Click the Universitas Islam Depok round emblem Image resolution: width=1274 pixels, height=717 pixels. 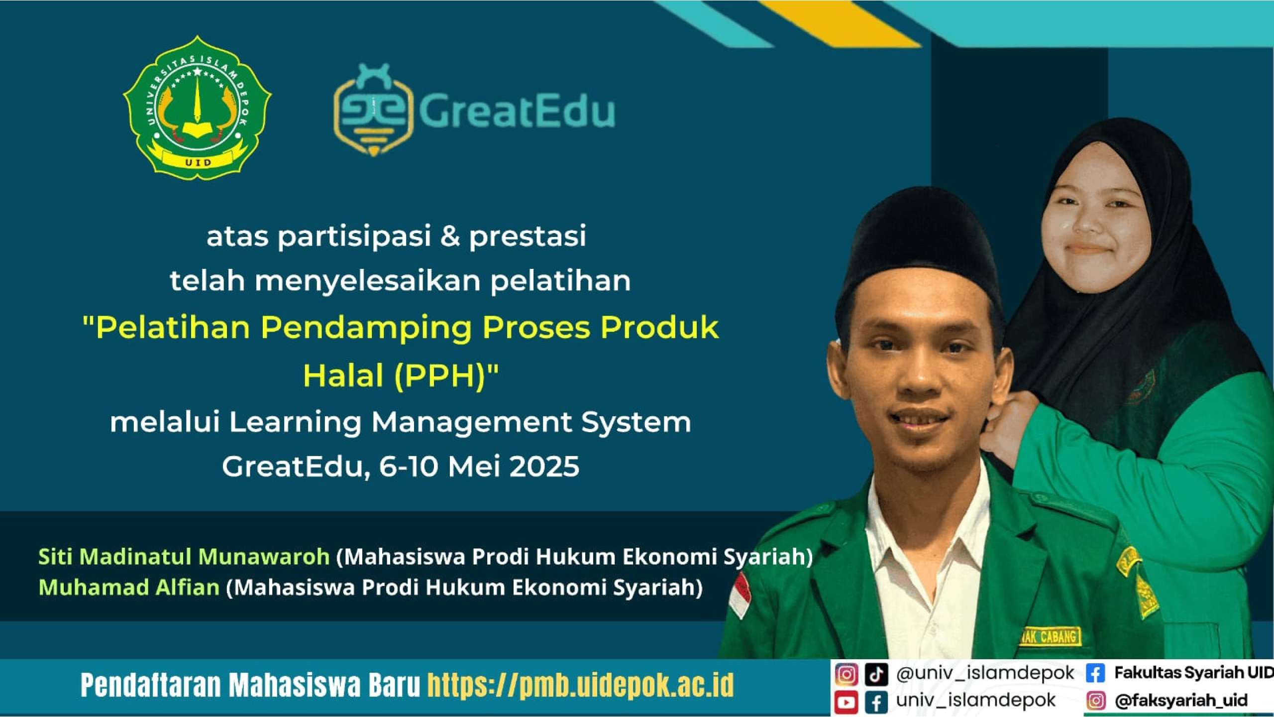(197, 108)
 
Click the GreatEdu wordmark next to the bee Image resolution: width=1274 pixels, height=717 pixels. (517, 111)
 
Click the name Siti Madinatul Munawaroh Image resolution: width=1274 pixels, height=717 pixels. (184, 557)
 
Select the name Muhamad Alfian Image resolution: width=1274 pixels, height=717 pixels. (129, 588)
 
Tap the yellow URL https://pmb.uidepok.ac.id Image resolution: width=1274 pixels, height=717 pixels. (580, 686)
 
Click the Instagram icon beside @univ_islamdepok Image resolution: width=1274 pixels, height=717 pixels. (846, 675)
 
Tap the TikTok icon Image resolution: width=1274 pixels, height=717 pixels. (876, 675)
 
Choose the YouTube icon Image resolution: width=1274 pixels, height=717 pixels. (846, 702)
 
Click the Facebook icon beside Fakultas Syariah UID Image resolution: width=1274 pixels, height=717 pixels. (1095, 673)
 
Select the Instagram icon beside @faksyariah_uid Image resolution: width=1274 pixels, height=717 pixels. (1095, 701)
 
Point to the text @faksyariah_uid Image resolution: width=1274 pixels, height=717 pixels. (1181, 701)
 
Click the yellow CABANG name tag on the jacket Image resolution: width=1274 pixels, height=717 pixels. (1050, 636)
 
